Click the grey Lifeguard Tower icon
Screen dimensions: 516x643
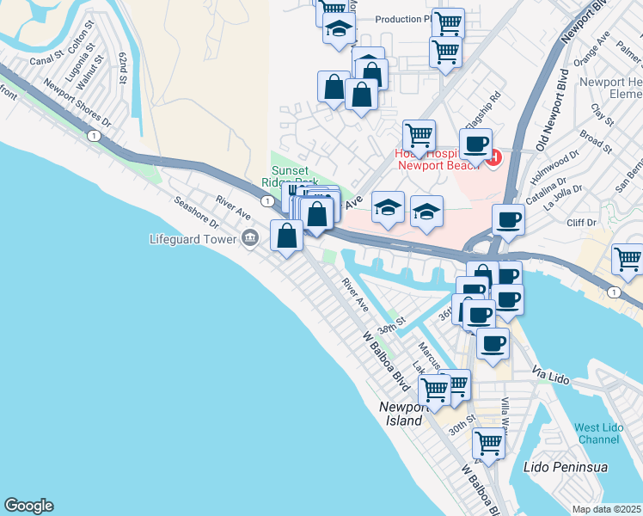pyautogui.click(x=250, y=239)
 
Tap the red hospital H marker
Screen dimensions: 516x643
pyautogui.click(x=493, y=157)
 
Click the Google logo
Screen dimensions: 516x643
pyautogui.click(x=28, y=506)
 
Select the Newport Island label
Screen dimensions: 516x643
pyautogui.click(x=403, y=414)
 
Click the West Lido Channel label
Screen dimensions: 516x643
pyautogui.click(x=597, y=433)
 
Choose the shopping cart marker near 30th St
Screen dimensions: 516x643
pyautogui.click(x=488, y=445)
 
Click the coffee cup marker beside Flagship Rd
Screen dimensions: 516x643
pyautogui.click(x=475, y=143)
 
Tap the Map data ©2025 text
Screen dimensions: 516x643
pyautogui.click(x=607, y=509)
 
